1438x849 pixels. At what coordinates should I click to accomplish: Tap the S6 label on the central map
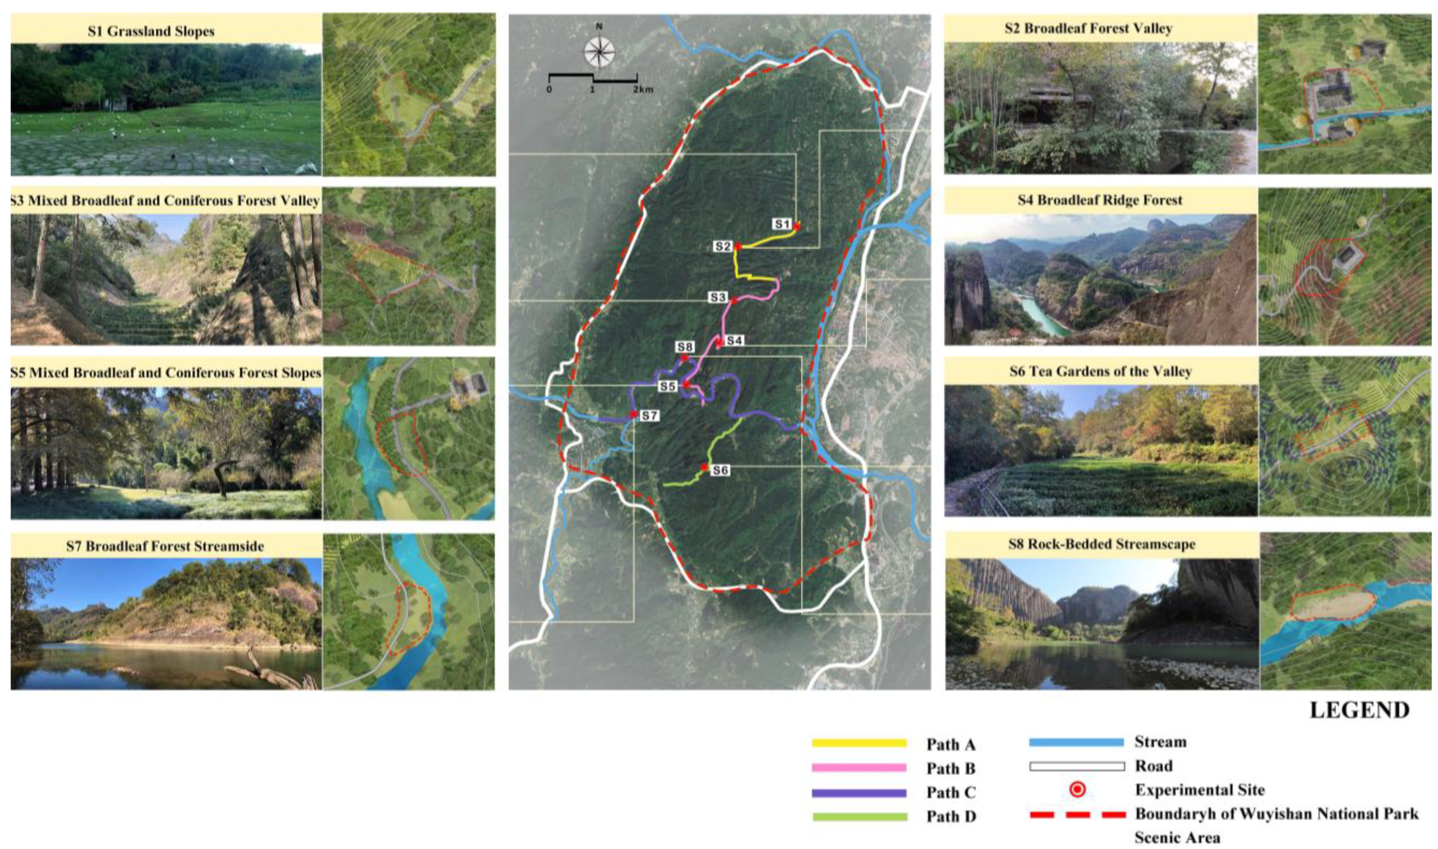[720, 470]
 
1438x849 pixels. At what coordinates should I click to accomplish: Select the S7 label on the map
[649, 416]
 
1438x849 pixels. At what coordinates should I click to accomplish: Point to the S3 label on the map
[718, 297]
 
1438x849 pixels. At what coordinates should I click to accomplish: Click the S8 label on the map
[685, 347]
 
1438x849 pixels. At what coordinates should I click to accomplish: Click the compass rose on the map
[599, 51]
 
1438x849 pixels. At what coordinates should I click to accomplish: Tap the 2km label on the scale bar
[643, 90]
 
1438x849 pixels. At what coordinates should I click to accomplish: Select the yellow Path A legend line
[859, 743]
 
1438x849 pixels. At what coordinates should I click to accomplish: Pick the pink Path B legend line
[859, 768]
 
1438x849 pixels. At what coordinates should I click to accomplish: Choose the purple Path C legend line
[859, 793]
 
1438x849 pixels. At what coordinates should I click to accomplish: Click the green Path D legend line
[859, 817]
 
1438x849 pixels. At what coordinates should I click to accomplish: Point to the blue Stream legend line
[1076, 742]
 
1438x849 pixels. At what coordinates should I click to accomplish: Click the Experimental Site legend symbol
[1077, 790]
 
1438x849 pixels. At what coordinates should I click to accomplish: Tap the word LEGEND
[1360, 710]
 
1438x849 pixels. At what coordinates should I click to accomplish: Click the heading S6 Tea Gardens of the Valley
[1101, 372]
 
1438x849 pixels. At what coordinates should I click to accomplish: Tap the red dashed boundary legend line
[1077, 814]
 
